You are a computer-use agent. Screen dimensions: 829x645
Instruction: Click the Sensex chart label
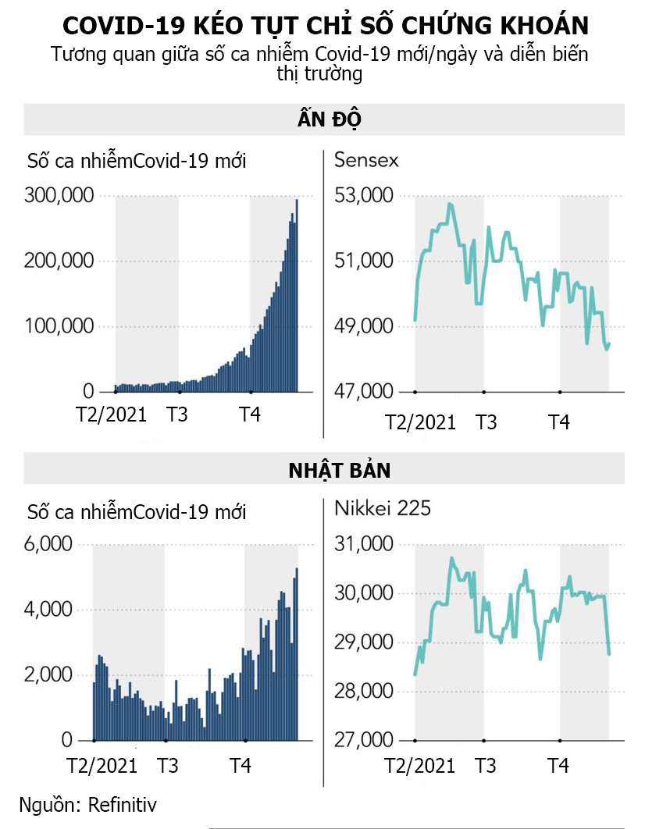click(366, 160)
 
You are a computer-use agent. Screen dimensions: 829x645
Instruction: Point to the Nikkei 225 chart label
click(383, 508)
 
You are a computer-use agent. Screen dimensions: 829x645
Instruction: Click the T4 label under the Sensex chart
click(558, 422)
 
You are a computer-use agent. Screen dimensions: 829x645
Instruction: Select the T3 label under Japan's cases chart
click(167, 766)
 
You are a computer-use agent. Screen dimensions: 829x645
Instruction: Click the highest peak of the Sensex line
click(450, 204)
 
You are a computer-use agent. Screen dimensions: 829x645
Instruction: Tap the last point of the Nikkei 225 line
click(608, 654)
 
